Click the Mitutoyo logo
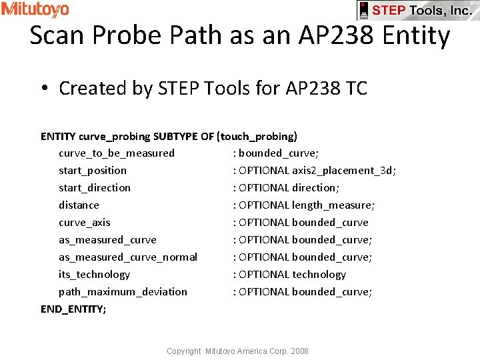[x=35, y=9]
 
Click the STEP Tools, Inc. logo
[x=418, y=10]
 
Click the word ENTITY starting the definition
[x=58, y=137]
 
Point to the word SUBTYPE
[x=174, y=137]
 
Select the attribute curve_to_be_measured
[x=117, y=153]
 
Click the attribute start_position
[x=93, y=171]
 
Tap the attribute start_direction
[x=95, y=188]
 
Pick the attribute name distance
[x=79, y=205]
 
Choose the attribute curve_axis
[x=85, y=223]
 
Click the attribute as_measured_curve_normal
[x=128, y=257]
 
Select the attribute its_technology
[x=94, y=275]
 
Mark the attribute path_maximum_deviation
[x=123, y=292]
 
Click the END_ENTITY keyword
[x=73, y=309]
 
